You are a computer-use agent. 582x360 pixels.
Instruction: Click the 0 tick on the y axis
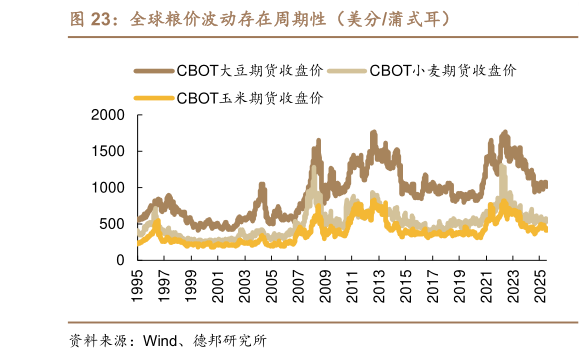pyautogui.click(x=121, y=260)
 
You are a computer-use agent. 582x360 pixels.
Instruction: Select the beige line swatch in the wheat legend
pyautogui.click(x=347, y=71)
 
